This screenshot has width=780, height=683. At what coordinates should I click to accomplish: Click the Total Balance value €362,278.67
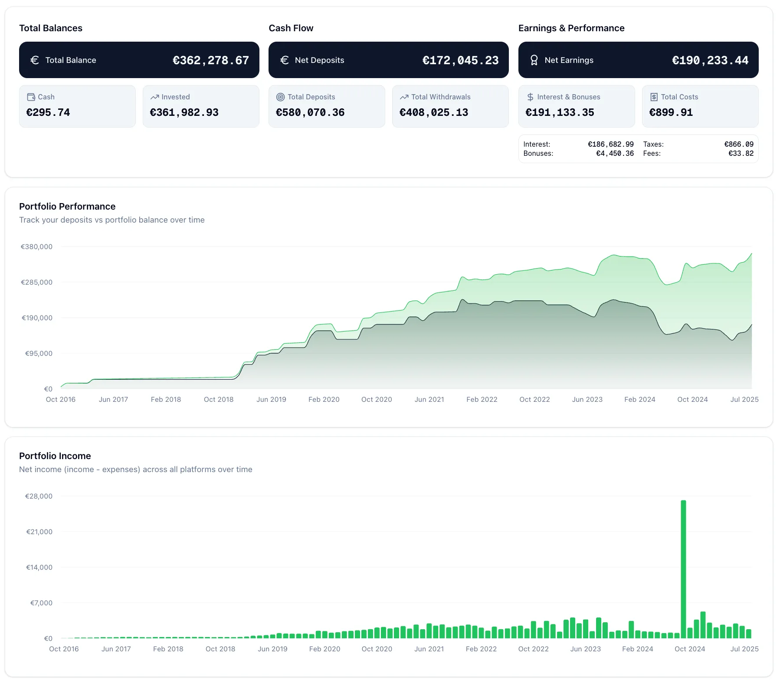[x=211, y=60]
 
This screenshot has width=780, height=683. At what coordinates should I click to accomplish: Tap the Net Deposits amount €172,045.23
[x=460, y=60]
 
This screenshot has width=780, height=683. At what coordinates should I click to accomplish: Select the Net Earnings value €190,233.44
[x=710, y=60]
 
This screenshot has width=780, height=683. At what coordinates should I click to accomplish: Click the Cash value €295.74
[x=48, y=112]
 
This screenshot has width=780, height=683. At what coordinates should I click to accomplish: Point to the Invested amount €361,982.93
[x=184, y=112]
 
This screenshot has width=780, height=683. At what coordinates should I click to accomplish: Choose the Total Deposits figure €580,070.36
[x=310, y=112]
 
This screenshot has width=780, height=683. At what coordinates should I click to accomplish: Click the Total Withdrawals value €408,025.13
[x=434, y=112]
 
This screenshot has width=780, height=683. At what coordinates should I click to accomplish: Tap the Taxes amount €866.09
[x=739, y=144]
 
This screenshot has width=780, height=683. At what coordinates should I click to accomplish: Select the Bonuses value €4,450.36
[x=615, y=153]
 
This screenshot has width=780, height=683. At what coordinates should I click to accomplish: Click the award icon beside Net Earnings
[x=534, y=60]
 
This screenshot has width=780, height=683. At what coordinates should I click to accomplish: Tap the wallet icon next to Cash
[x=31, y=97]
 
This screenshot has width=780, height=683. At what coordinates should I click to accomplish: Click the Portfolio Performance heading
[x=67, y=206]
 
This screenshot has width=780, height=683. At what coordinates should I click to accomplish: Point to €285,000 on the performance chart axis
[x=37, y=282]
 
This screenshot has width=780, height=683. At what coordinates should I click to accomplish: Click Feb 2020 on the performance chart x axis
[x=324, y=399]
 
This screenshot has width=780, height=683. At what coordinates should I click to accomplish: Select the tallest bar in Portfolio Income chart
[x=683, y=568]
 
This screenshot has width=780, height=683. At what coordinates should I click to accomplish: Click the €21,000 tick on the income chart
[x=39, y=532]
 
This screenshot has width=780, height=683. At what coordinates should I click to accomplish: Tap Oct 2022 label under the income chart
[x=533, y=649]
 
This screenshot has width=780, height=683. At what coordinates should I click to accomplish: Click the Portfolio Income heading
[x=55, y=456]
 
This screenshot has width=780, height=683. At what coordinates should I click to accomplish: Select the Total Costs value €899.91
[x=671, y=112]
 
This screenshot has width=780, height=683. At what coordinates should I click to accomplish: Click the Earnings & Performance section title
[x=571, y=28]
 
